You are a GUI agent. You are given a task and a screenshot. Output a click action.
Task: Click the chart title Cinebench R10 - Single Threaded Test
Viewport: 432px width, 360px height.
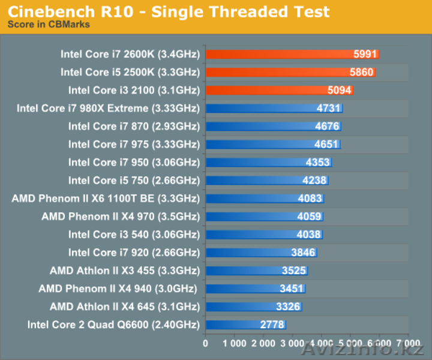tap(169, 11)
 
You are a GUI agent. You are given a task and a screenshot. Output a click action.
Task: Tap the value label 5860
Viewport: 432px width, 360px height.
tap(362, 72)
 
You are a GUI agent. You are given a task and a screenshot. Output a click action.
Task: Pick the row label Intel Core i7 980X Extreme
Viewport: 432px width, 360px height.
tap(108, 109)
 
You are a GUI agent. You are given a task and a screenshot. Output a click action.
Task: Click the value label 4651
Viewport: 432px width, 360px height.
tap(326, 145)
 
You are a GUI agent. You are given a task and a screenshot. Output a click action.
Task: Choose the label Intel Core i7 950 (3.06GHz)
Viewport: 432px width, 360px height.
tap(134, 163)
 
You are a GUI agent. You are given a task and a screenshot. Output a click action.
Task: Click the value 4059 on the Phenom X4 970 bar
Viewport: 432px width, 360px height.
tap(310, 217)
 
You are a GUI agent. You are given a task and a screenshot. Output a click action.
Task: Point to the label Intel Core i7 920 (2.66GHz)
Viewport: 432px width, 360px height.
tap(134, 253)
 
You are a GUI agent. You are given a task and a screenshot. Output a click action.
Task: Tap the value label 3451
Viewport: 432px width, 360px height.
tap(292, 289)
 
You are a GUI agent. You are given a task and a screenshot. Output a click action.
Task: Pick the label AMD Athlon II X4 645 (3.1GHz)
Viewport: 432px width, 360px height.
tap(124, 307)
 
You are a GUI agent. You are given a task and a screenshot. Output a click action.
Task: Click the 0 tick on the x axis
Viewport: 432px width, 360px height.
tap(206, 344)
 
